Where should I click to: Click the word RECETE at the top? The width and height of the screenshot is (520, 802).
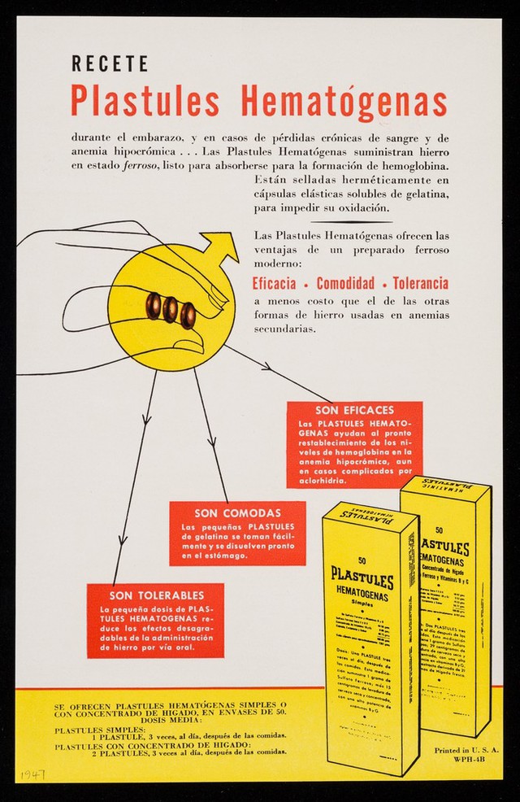tap(110, 63)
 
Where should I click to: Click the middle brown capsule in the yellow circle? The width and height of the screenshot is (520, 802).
tap(171, 309)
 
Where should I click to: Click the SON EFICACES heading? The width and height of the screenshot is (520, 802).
tap(354, 410)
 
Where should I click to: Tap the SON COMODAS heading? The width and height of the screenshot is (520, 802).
tap(237, 513)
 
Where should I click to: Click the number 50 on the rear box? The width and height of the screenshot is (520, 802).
tap(440, 530)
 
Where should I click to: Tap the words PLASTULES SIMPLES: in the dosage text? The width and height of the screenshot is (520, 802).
tap(89, 730)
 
